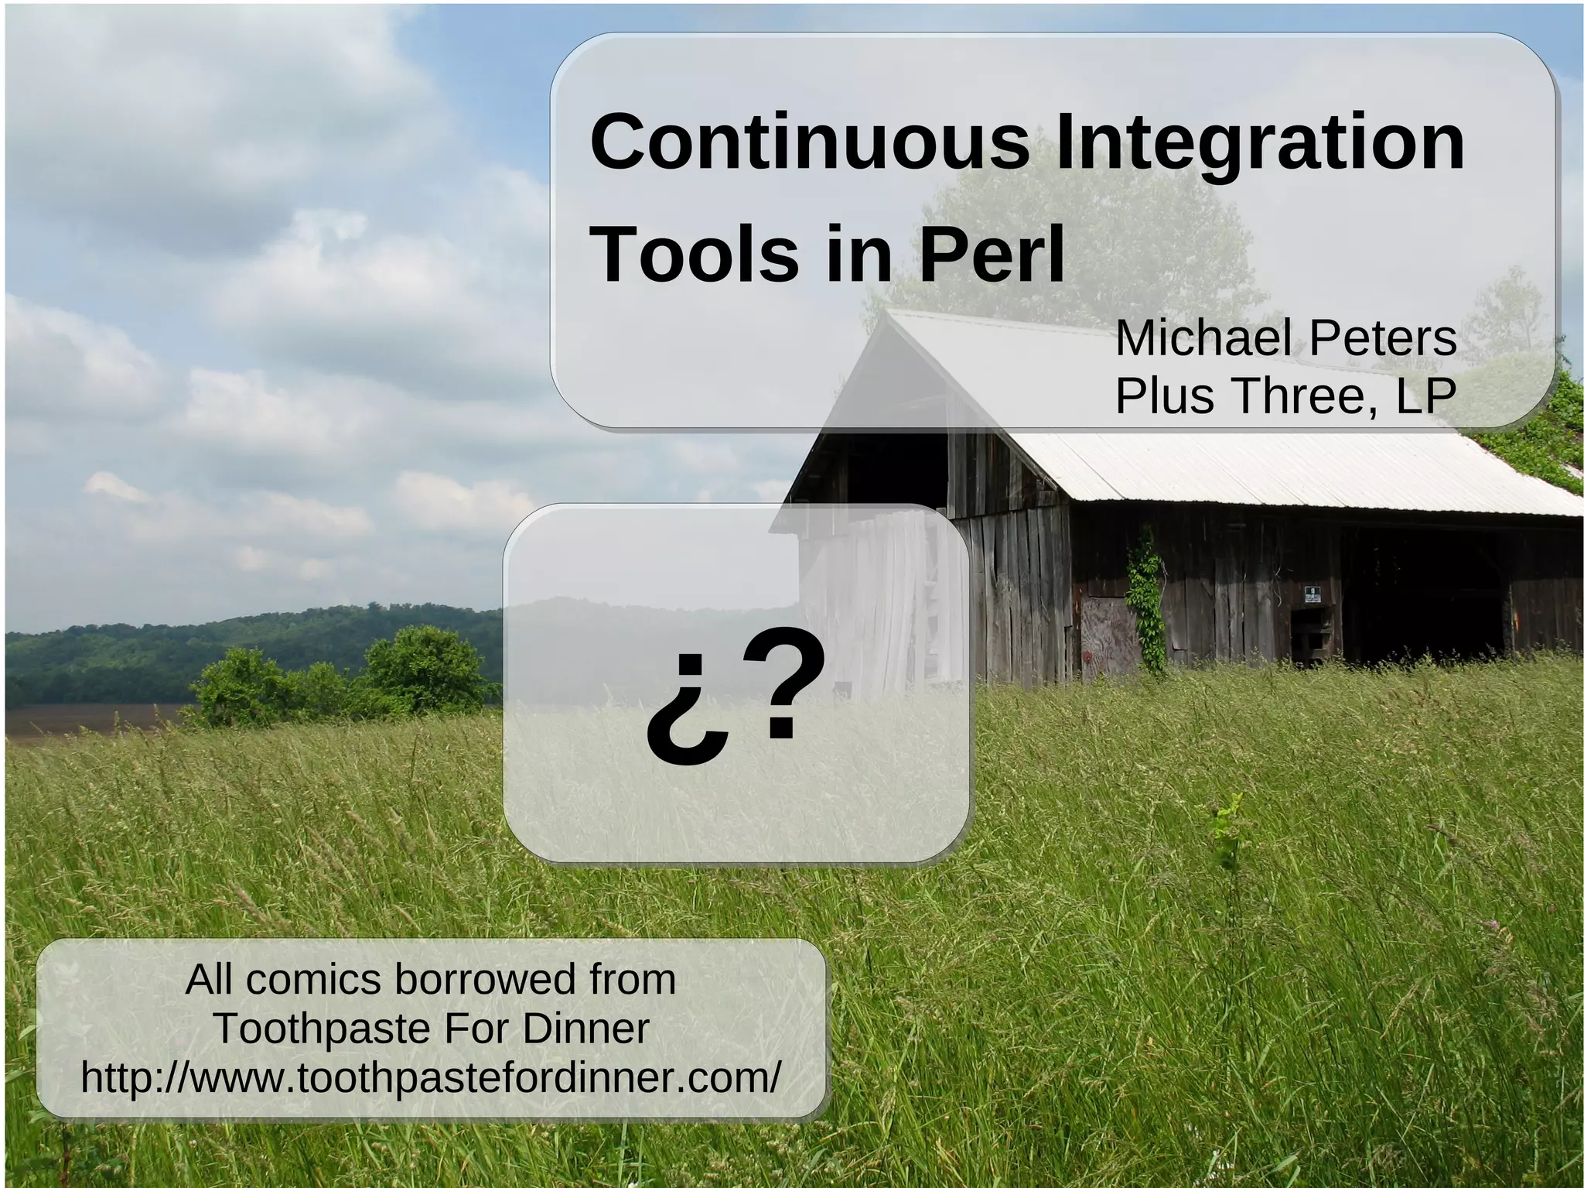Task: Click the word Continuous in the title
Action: [809, 143]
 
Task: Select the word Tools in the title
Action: [695, 254]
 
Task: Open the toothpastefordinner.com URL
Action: [431, 1077]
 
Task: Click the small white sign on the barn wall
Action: [1313, 594]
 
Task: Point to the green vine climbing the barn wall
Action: [1145, 604]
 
